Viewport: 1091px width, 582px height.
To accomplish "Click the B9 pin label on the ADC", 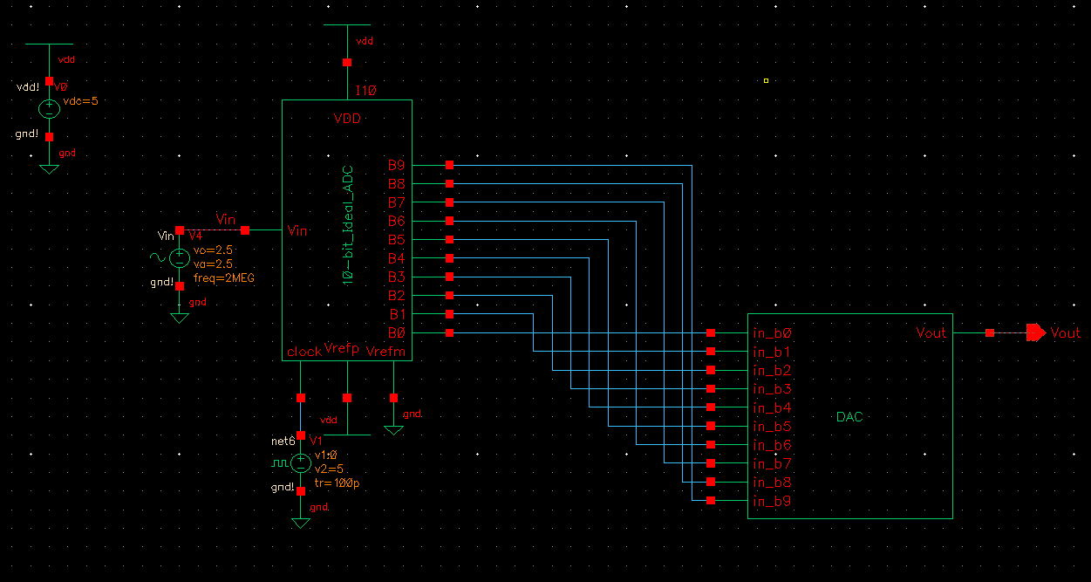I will pos(397,164).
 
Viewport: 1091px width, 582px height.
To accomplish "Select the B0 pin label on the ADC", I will pos(397,332).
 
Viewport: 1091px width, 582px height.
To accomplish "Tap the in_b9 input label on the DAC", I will pos(771,501).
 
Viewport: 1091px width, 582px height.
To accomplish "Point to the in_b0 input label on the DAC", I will pos(771,333).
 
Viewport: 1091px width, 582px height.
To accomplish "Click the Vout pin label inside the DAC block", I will pos(931,332).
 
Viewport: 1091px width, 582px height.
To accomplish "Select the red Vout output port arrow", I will pos(1035,332).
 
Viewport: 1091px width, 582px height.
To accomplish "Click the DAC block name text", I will pos(849,417).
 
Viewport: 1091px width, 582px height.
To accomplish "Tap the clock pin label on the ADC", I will pos(303,352).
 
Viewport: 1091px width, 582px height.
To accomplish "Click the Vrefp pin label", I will pos(342,349).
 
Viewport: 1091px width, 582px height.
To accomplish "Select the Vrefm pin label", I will pos(384,352).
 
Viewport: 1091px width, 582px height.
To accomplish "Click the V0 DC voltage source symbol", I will pos(49,108).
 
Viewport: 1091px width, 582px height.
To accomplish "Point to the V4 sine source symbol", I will pos(179,257).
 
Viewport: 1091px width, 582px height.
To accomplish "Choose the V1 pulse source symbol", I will pos(300,462).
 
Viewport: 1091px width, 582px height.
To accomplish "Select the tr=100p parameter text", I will pos(336,483).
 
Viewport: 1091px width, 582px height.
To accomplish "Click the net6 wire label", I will pos(283,442).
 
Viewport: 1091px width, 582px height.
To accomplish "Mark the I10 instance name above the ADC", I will pos(365,91).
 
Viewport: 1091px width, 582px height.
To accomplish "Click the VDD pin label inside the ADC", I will pos(347,119).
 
